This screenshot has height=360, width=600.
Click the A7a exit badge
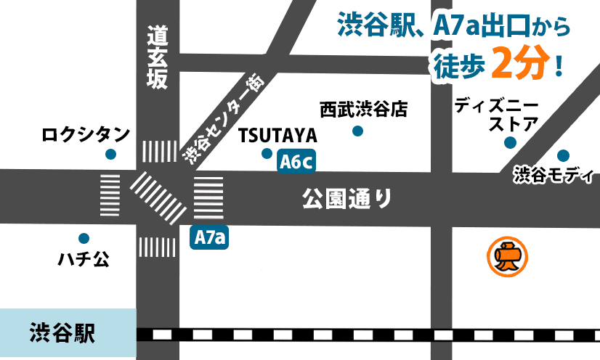point(209,237)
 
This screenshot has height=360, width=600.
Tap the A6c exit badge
point(297,162)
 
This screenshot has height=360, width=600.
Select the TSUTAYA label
point(277,136)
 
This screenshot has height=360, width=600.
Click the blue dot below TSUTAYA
point(267,153)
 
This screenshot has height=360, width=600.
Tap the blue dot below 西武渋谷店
point(357,131)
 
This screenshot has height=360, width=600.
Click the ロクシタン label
point(86,134)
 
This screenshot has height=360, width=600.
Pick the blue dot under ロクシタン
point(110,154)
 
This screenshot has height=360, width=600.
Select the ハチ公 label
point(84,259)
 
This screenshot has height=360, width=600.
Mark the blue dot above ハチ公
point(84,238)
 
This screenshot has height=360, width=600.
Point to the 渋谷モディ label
point(554,175)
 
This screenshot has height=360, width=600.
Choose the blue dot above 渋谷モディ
point(563,155)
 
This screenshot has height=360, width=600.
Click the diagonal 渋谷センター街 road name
point(221,120)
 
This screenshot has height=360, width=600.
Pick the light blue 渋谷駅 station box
point(68,334)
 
